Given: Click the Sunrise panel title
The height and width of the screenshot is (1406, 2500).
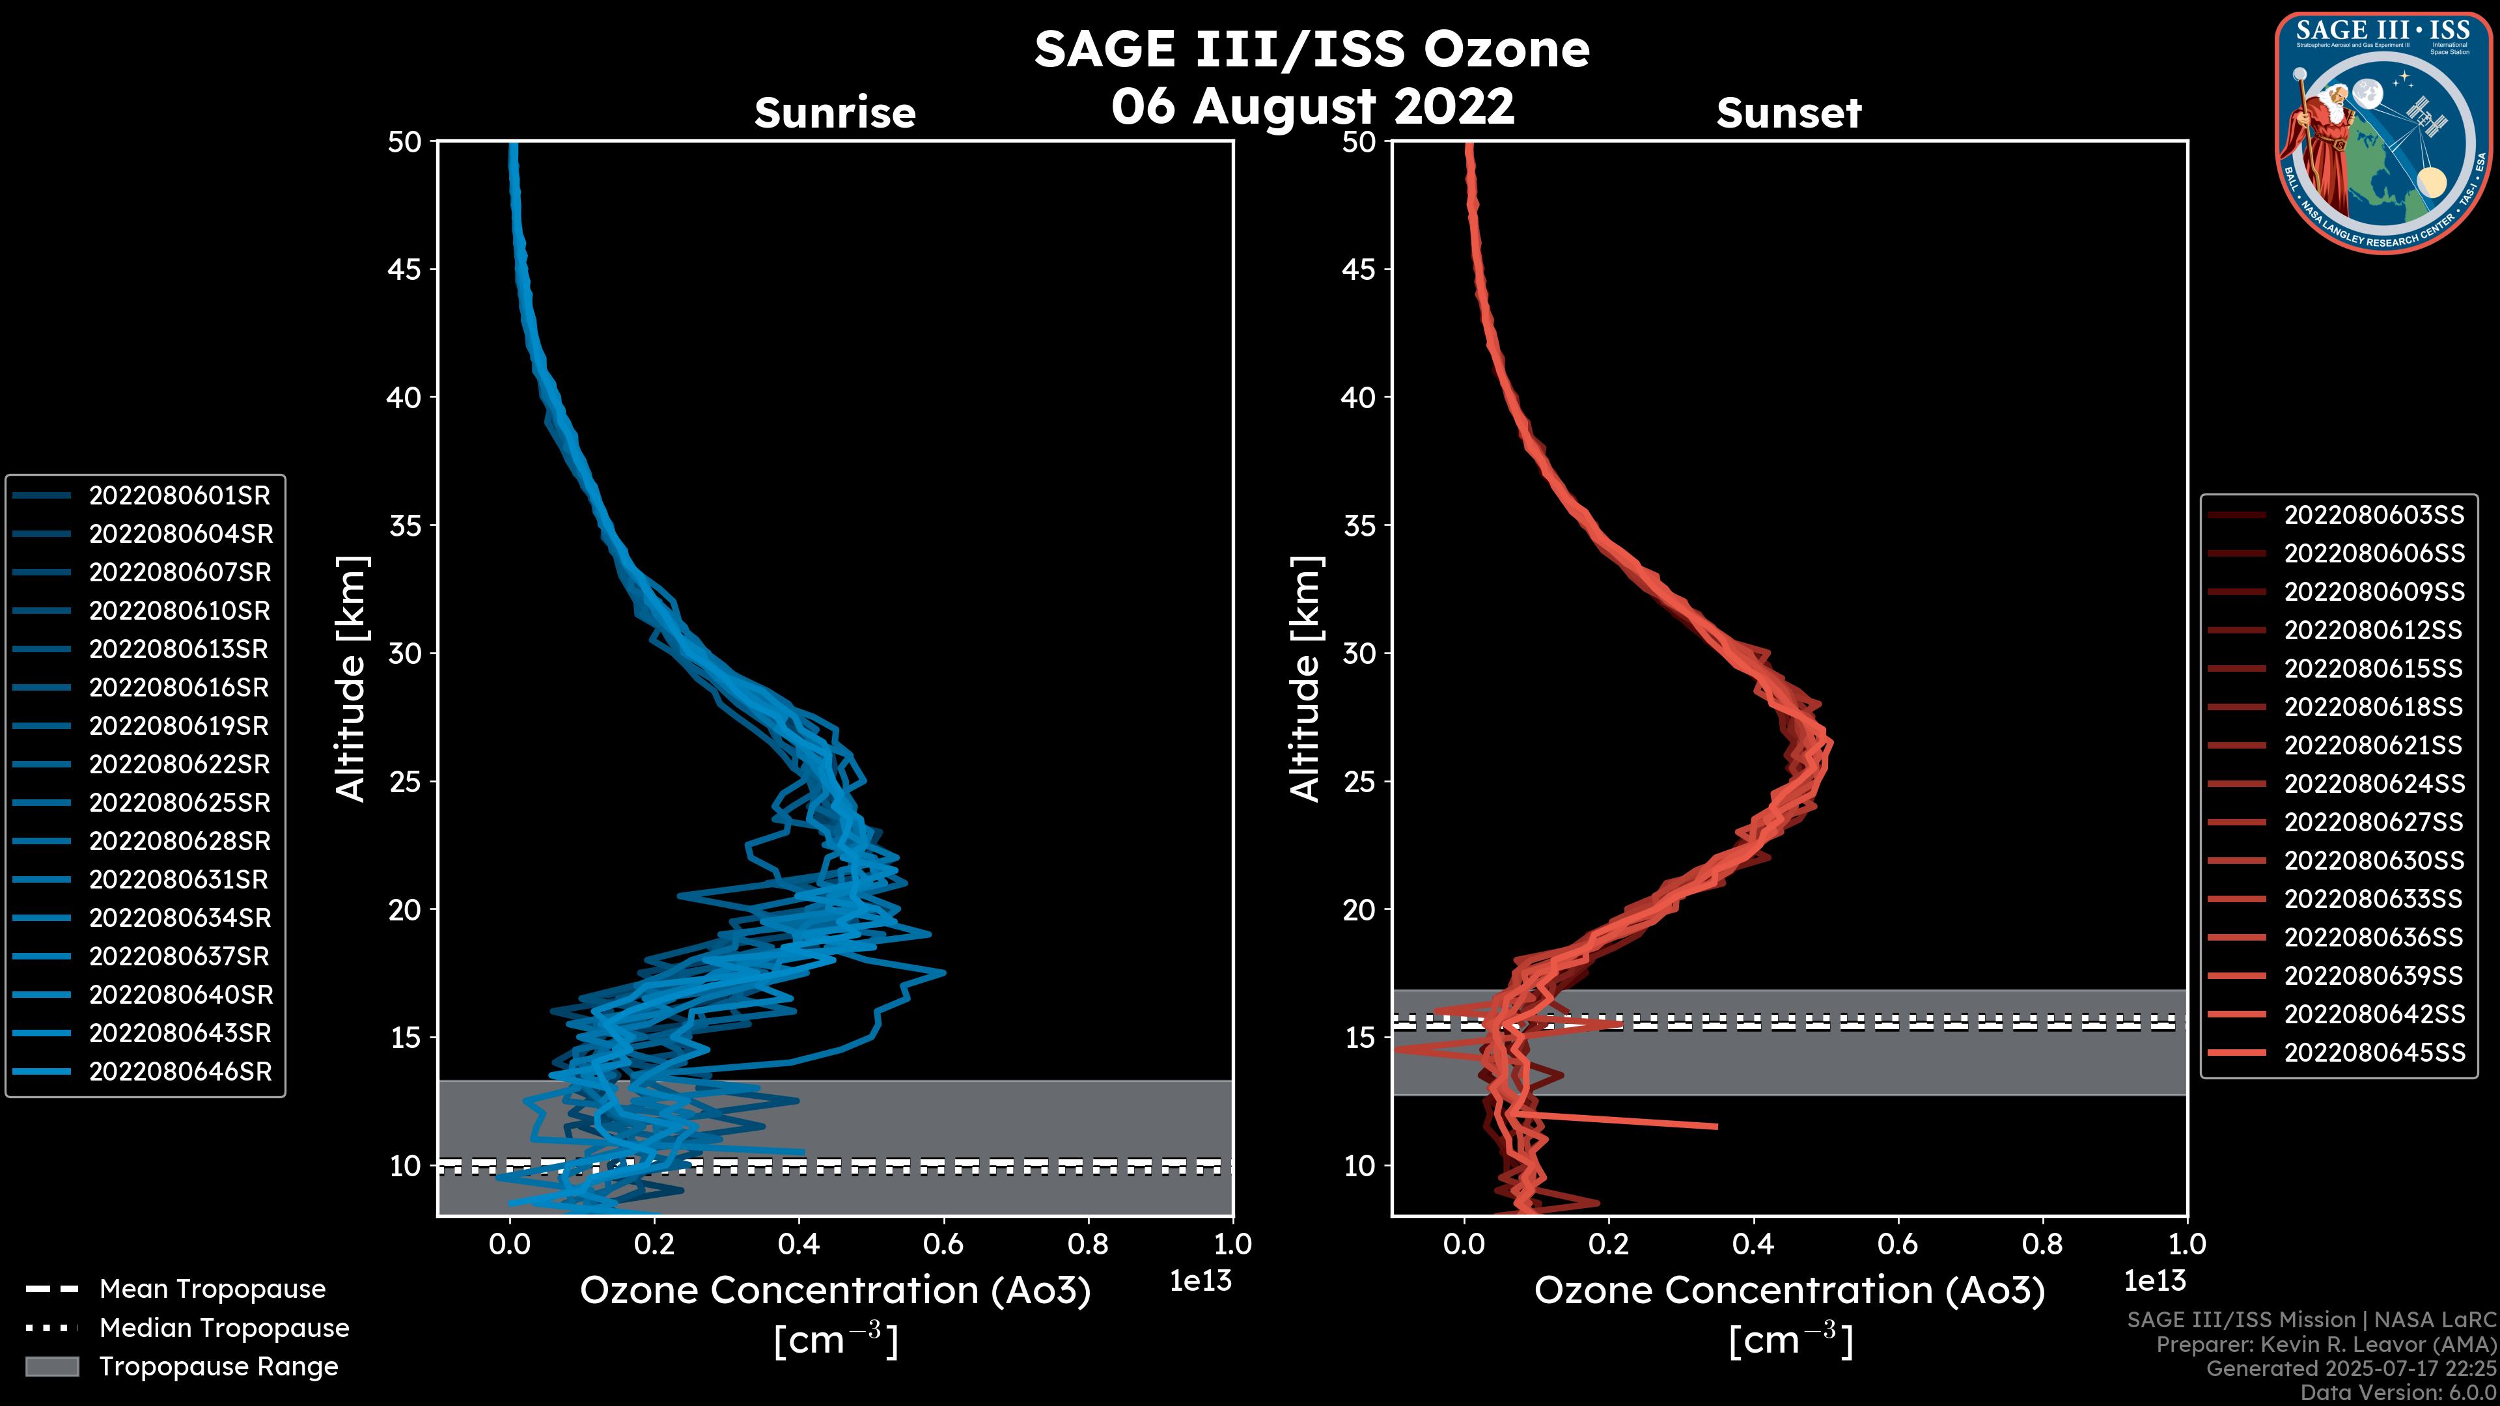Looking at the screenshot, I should tap(835, 113).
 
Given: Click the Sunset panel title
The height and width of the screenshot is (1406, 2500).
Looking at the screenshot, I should tap(1788, 113).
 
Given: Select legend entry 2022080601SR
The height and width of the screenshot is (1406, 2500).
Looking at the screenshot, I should tap(180, 496).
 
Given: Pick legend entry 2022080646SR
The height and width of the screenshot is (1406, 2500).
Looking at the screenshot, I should tap(180, 1072).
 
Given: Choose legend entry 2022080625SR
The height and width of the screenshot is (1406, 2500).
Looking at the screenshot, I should tap(180, 803).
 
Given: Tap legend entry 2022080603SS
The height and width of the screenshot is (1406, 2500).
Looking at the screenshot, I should tap(2374, 516).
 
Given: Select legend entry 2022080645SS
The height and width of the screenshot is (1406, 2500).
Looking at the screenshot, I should tap(2374, 1053).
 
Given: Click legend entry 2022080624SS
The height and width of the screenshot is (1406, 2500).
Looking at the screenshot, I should tap(2374, 784).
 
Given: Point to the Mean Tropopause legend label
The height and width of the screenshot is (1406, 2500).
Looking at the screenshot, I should tap(212, 1289).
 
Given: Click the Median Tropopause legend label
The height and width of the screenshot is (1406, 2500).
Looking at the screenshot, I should tap(223, 1329).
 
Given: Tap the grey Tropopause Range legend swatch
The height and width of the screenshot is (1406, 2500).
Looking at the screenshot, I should tap(51, 1367).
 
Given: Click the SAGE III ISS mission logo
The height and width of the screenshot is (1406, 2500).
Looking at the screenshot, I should tap(2383, 132).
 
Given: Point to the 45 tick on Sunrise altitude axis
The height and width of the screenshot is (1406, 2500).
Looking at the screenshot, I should tap(405, 269).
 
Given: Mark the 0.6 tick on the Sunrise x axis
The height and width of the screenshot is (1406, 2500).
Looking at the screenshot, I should tap(943, 1244).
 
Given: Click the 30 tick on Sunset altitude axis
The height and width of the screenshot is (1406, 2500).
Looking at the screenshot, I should tap(1359, 654).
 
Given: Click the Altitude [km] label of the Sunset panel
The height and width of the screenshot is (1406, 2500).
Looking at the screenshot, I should tap(1305, 679).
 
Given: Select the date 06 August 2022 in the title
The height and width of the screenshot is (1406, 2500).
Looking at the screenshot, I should tap(1312, 107).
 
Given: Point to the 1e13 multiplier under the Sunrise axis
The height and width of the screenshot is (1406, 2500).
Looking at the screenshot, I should tap(1201, 1282).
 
